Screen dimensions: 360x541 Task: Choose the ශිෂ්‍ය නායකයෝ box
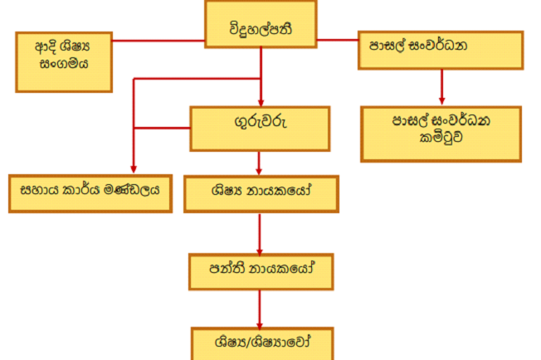click(x=261, y=193)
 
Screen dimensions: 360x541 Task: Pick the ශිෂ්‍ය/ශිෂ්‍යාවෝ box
click(x=261, y=342)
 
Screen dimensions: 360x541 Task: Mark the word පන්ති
click(x=229, y=270)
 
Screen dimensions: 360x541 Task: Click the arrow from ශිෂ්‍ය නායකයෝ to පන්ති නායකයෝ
click(x=261, y=233)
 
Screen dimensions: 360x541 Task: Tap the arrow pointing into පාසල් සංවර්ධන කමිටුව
click(x=441, y=87)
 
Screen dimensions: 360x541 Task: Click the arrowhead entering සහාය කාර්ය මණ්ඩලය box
click(x=133, y=168)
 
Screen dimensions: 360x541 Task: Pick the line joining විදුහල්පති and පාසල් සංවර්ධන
click(x=338, y=39)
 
